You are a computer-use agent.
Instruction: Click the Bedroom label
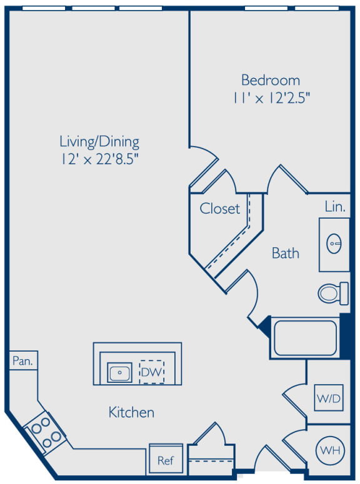point(271,81)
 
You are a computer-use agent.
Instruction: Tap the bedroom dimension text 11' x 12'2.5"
point(271,98)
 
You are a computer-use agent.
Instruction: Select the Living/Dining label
point(99,142)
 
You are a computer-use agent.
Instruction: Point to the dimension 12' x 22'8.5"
point(99,159)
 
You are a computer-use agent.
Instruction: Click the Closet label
point(220,209)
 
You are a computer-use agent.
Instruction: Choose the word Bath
point(286,253)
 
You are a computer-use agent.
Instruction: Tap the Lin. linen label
point(335,206)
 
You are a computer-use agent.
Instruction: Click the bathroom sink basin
point(334,244)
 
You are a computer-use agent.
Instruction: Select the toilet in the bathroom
point(333,294)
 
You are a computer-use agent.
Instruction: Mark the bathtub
point(305,338)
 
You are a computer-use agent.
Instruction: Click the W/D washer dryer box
point(329,398)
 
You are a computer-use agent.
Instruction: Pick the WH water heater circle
point(331,450)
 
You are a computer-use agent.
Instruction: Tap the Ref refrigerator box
point(166,458)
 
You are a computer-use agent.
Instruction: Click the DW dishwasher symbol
point(151,372)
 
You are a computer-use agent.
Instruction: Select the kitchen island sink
point(119,372)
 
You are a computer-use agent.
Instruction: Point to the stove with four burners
point(45,432)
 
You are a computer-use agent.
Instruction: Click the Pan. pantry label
point(22,360)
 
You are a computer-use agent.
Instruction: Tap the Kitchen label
point(131,412)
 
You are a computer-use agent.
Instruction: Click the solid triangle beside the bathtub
point(265,325)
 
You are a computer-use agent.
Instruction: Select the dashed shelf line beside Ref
point(211,461)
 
